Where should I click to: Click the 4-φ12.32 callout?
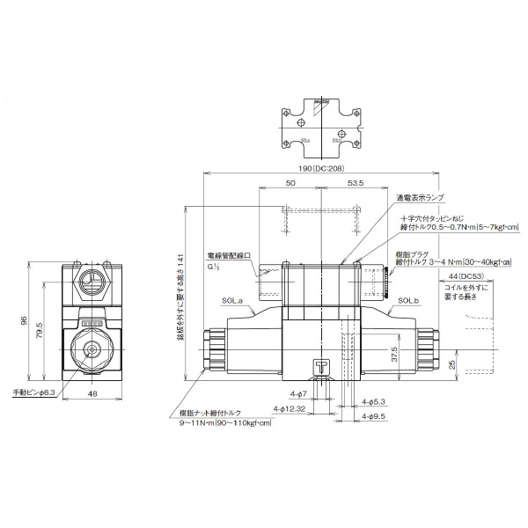click(x=289, y=409)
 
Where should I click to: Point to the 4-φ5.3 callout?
click(x=376, y=400)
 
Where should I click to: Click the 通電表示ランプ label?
click(x=421, y=198)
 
